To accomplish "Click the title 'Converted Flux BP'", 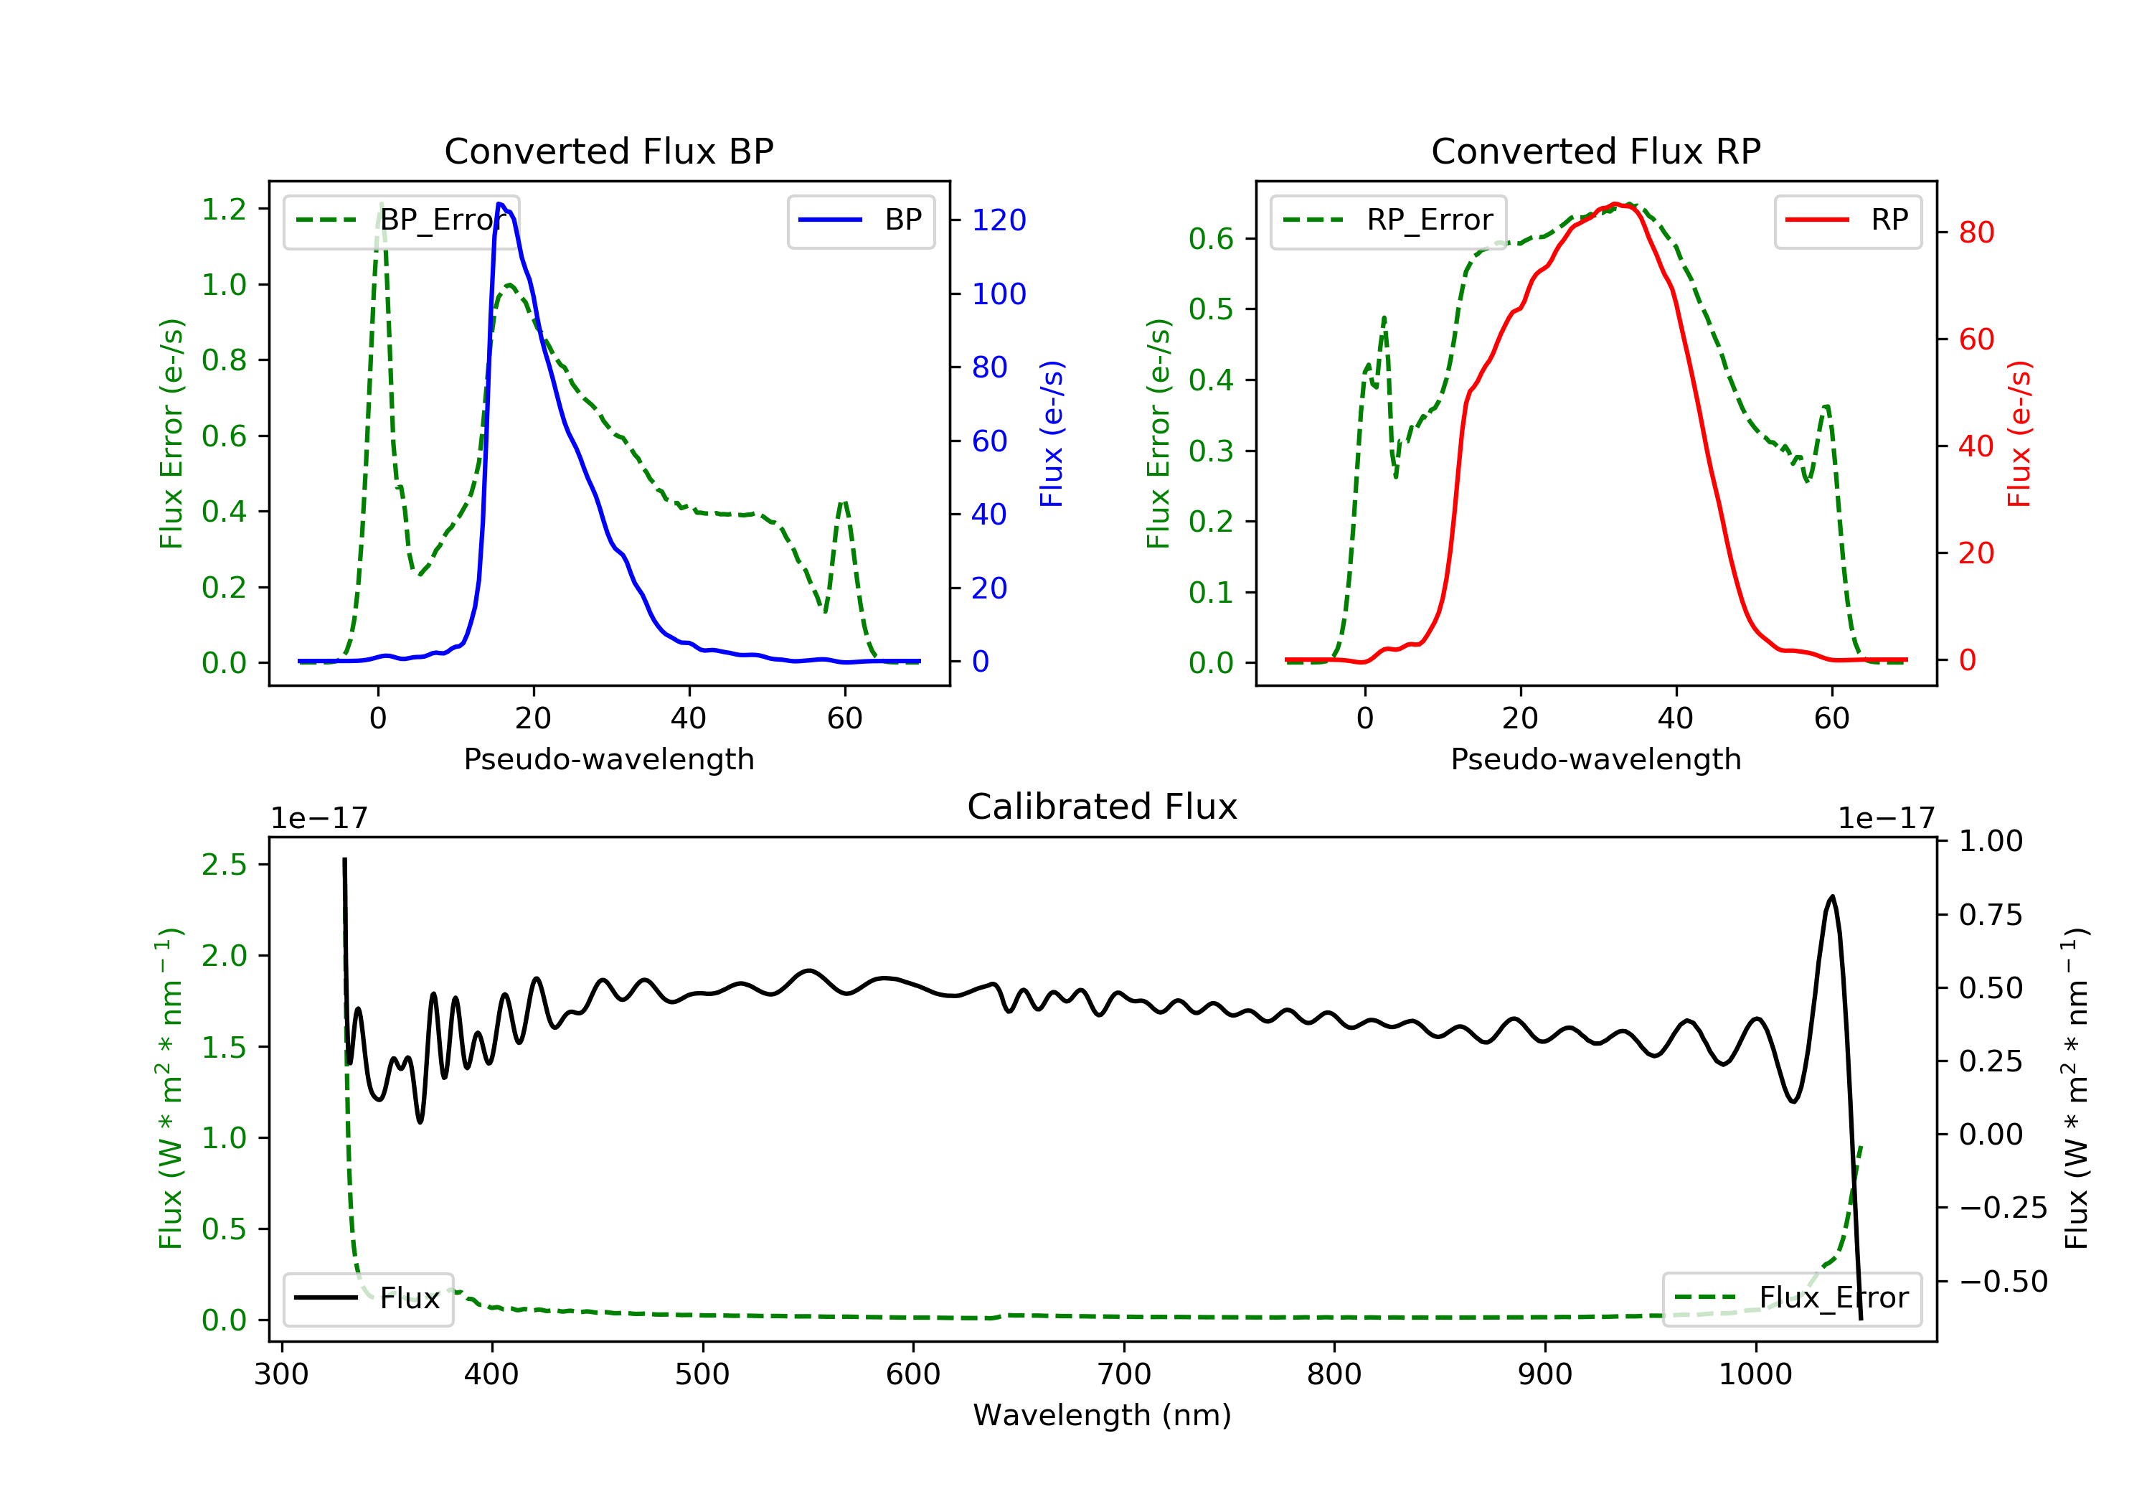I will coord(608,151).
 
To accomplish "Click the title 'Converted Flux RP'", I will coord(1595,151).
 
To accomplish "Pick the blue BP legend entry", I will coord(860,220).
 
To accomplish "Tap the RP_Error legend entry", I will coord(1388,220).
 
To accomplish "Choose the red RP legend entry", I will coord(1847,220).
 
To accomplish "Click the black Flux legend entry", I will coord(367,1298).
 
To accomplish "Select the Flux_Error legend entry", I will coord(1791,1298).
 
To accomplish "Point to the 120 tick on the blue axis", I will coord(999,220).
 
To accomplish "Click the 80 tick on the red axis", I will coord(1976,233).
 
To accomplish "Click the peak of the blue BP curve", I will coord(501,204).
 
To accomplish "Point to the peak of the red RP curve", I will coord(1614,204).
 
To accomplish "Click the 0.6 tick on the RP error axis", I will coord(1210,239).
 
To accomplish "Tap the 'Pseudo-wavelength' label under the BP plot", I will coord(608,759).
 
